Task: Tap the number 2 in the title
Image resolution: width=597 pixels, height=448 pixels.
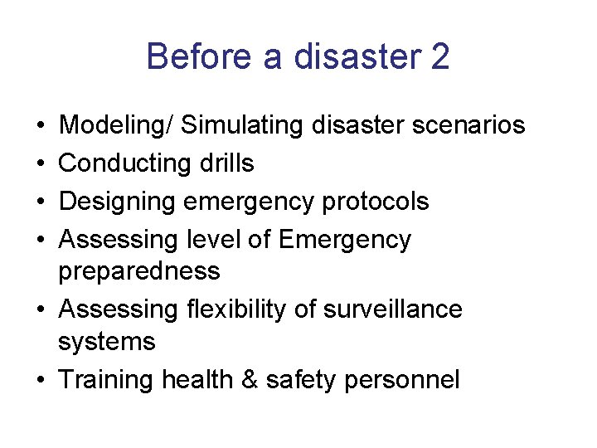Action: [x=440, y=57]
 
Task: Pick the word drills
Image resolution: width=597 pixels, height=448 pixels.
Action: [x=226, y=163]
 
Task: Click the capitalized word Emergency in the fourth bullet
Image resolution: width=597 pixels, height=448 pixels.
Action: [x=345, y=240]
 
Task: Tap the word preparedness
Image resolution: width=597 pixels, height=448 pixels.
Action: [x=139, y=271]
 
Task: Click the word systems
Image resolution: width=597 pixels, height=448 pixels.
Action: [x=107, y=341]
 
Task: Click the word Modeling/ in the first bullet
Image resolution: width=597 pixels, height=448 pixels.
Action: [x=116, y=125]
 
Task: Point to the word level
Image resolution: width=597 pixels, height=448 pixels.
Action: [x=215, y=240]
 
